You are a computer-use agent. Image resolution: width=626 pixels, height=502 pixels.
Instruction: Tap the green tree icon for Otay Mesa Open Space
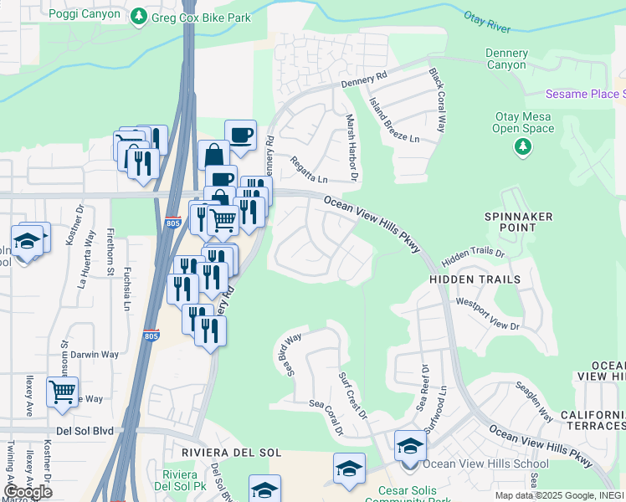click(x=523, y=148)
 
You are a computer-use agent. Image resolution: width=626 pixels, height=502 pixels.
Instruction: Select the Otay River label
click(x=486, y=23)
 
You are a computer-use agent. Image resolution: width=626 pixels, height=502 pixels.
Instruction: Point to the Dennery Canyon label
click(x=506, y=59)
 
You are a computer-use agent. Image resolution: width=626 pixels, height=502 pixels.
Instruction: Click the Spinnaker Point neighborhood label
click(x=519, y=222)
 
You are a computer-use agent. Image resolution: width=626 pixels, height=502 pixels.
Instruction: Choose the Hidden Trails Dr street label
click(x=474, y=253)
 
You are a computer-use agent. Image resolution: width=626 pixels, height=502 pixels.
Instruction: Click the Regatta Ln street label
click(x=308, y=168)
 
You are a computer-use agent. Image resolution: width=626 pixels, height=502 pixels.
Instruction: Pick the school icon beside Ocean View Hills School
click(x=409, y=445)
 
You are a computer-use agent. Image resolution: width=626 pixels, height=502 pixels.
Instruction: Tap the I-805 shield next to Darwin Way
click(x=151, y=336)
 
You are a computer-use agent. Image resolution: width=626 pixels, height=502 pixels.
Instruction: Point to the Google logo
click(x=28, y=492)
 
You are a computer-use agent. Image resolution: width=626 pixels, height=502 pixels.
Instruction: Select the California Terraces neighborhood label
click(x=592, y=421)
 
